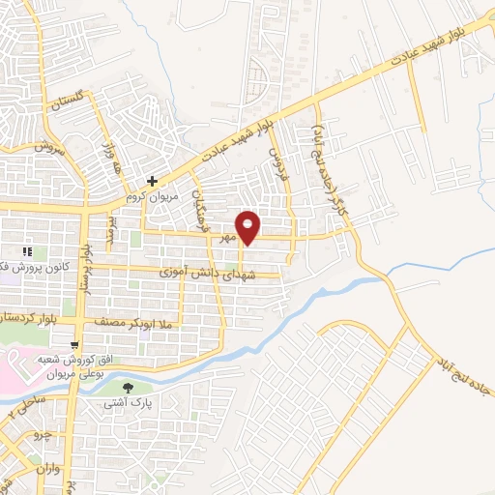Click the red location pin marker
[248, 227]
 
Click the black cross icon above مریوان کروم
[151, 180]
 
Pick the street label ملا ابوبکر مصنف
[133, 320]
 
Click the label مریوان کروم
[147, 194]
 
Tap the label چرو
[41, 436]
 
